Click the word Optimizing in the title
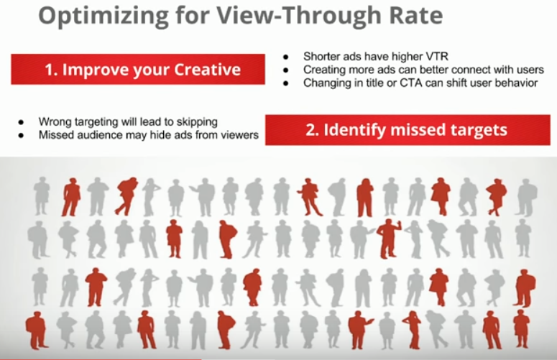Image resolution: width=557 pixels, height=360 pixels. click(103, 16)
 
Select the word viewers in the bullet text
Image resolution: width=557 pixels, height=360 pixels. click(240, 135)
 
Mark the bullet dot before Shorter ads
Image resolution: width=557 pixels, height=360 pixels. click(286, 57)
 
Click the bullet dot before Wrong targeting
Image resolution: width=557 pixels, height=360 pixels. click(21, 122)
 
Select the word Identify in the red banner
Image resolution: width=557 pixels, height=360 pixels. click(355, 130)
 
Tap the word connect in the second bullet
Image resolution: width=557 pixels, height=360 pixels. click(471, 69)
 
